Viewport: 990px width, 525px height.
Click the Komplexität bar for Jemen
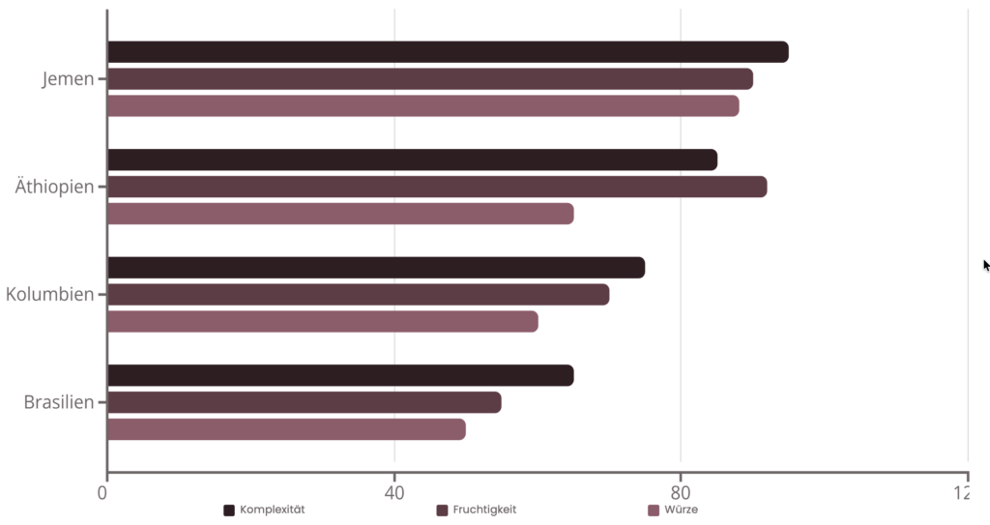[448, 52]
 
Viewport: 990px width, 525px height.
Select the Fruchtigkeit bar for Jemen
[430, 79]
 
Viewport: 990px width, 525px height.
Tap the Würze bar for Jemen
[422, 106]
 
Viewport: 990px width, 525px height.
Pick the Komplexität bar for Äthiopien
[412, 160]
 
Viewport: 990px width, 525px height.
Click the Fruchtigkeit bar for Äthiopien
[437, 187]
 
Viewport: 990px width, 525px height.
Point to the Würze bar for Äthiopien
[340, 214]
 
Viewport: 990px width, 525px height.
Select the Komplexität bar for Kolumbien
[376, 268]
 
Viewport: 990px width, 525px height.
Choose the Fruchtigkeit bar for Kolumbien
[358, 295]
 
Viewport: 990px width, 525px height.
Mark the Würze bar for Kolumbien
[322, 322]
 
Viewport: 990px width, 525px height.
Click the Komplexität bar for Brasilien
[340, 375]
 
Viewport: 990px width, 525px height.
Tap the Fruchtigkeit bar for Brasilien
[304, 402]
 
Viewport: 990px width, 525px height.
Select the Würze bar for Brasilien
[286, 429]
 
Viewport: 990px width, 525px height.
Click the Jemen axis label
[68, 79]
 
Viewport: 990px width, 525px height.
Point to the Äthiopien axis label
[54, 187]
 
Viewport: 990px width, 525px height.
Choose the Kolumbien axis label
[49, 295]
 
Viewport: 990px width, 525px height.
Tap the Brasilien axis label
[58, 402]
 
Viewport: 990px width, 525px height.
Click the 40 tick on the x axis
[393, 493]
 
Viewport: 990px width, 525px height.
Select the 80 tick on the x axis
[681, 493]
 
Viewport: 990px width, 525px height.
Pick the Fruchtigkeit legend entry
[477, 510]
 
